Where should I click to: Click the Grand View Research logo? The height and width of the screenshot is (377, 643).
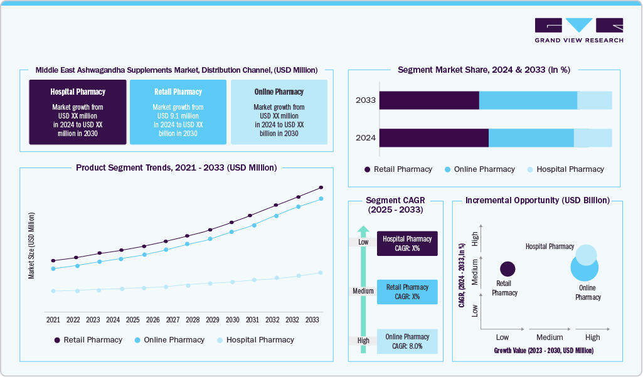point(578,30)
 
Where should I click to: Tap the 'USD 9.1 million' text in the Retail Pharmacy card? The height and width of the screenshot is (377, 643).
point(178,115)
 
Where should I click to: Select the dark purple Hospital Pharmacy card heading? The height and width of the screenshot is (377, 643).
point(78,92)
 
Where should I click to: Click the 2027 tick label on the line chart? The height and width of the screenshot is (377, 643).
point(173,319)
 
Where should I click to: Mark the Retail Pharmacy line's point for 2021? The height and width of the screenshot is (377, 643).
point(53,260)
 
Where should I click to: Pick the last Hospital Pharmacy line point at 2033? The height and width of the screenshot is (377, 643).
point(321,273)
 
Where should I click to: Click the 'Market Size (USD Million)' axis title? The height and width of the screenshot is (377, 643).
point(31,245)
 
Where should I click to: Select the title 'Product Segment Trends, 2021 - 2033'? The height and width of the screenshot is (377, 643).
point(176,167)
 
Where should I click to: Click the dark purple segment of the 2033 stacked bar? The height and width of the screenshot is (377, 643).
point(429,100)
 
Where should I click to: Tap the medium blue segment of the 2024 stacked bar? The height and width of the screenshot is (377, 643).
point(531,138)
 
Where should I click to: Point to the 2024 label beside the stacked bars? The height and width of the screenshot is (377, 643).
point(365,138)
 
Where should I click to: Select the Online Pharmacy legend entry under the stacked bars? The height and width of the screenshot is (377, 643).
point(479,169)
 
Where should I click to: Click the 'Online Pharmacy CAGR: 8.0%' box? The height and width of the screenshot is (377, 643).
point(407,341)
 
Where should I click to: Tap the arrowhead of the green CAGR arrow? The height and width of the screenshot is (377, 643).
point(363,230)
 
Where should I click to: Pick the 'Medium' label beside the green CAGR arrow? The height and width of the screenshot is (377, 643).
point(363,291)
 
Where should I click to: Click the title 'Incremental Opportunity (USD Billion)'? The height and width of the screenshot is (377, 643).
point(538,201)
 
